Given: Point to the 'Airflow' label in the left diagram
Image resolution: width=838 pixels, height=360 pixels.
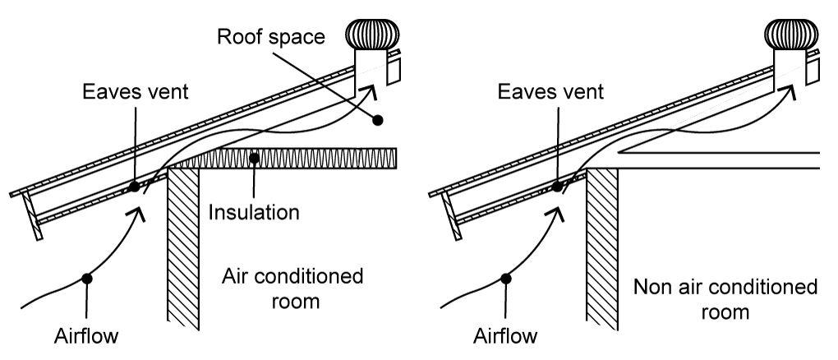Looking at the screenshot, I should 88,335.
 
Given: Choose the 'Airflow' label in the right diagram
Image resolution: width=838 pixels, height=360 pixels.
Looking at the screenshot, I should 506,335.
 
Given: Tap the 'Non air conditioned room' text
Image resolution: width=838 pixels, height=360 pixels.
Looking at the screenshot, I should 725,298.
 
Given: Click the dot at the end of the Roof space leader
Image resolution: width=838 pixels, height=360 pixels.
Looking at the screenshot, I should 378,120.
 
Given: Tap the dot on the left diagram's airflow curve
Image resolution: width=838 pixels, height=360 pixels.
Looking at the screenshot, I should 86,279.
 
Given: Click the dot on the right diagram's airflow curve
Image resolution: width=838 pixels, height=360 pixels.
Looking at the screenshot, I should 506,279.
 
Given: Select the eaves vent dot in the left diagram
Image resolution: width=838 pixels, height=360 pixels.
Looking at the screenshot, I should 134,187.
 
